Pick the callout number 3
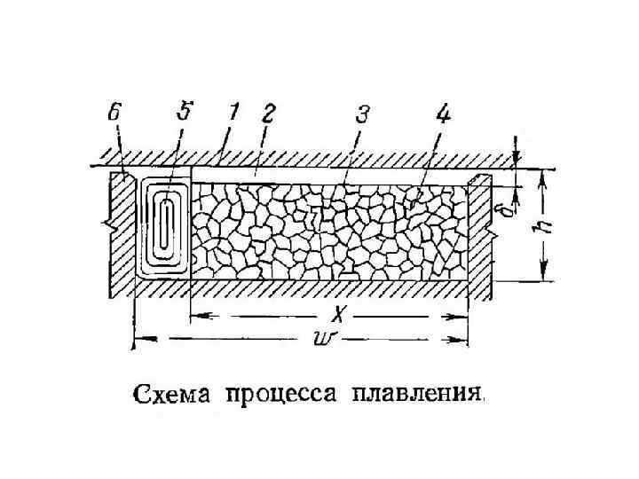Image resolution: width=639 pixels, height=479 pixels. [x=362, y=115]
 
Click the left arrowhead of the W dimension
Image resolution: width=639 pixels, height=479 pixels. [x=138, y=337]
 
